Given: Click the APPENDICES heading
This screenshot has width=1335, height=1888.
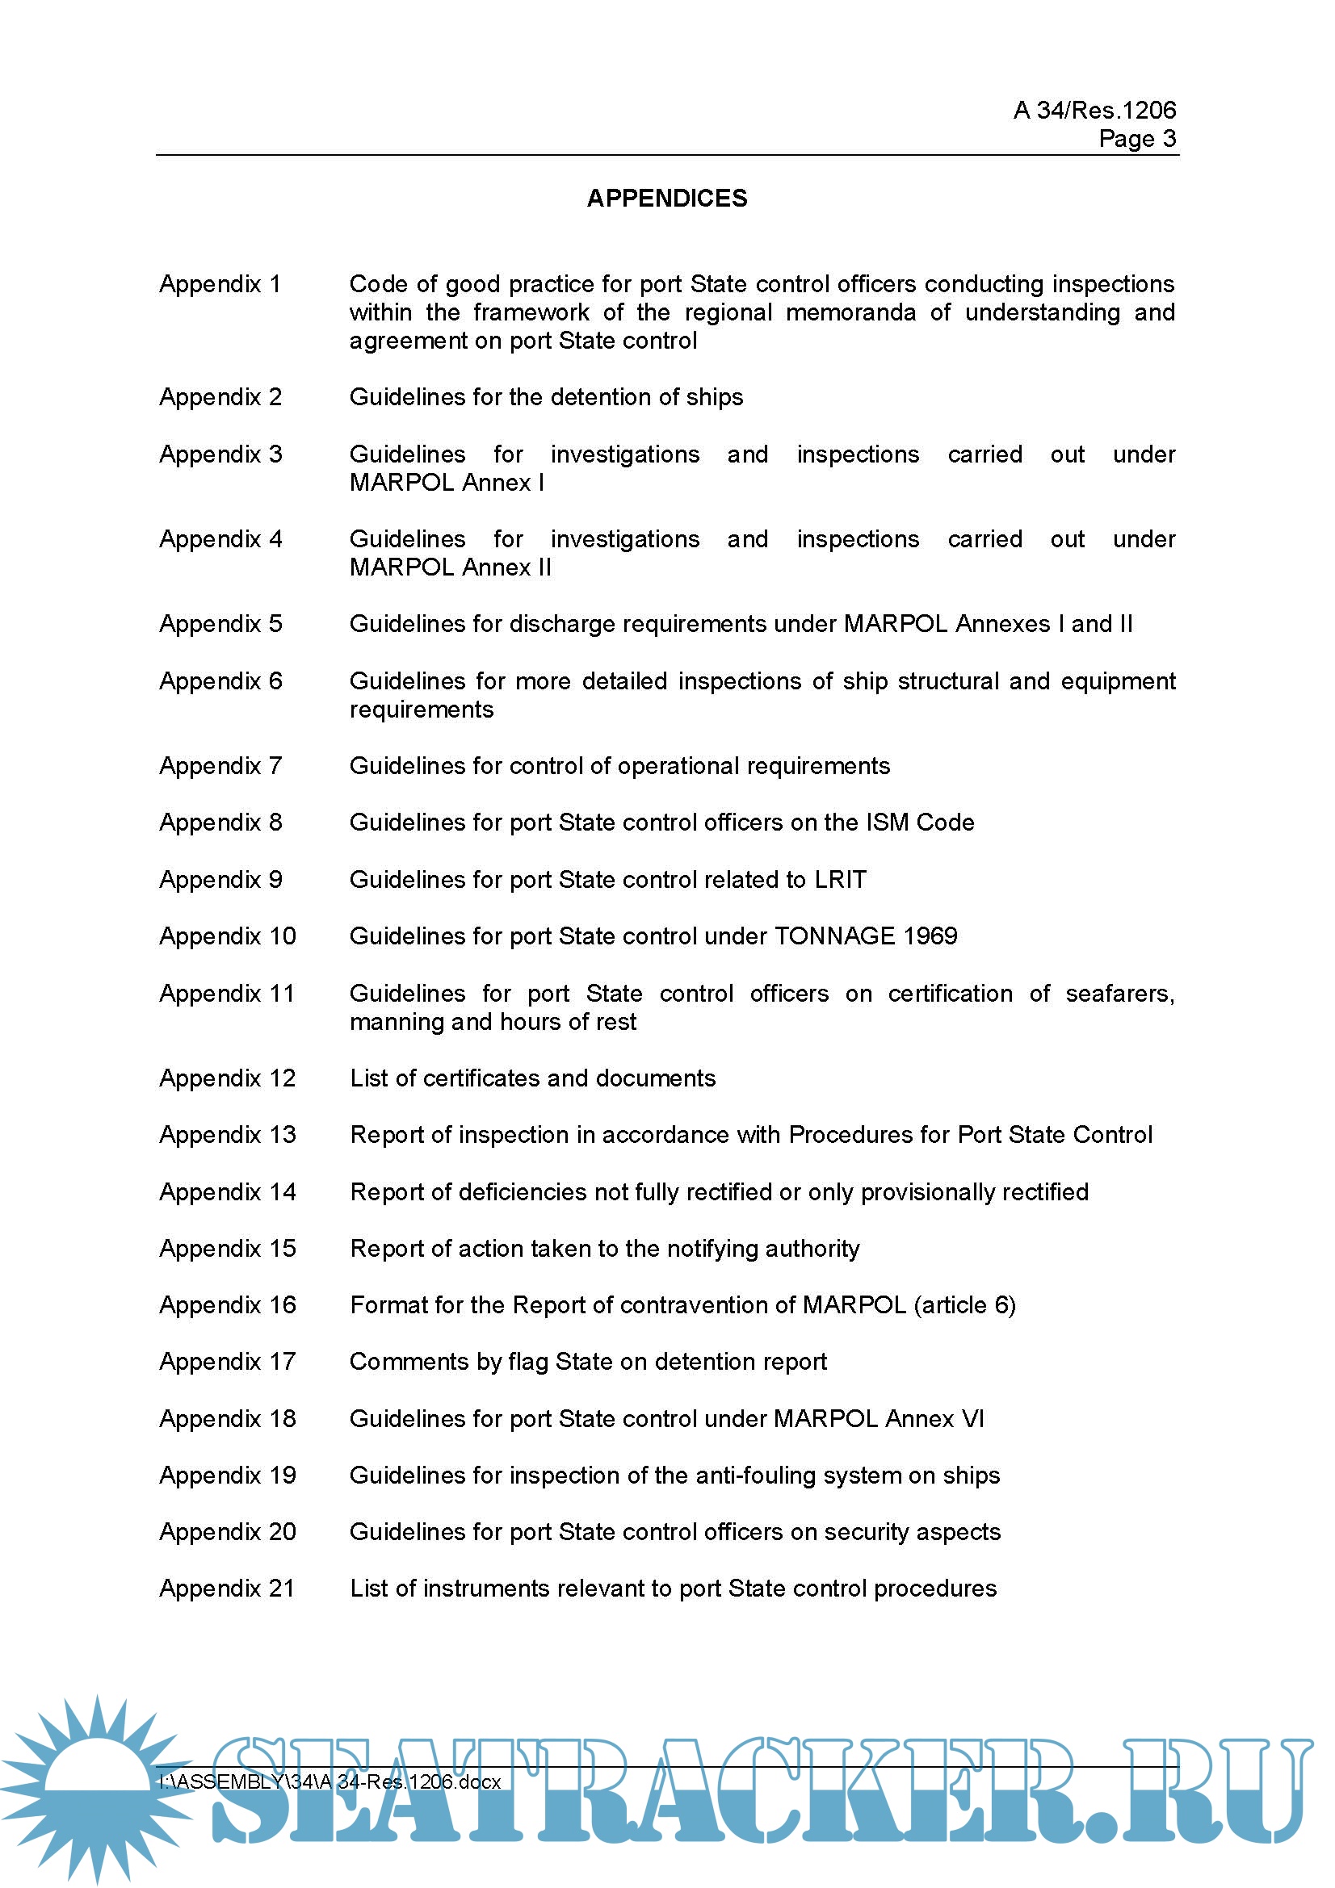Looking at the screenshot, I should [666, 199].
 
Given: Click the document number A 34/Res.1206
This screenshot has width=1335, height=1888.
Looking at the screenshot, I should [1094, 111].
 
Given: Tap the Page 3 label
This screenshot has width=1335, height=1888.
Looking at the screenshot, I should [1137, 139].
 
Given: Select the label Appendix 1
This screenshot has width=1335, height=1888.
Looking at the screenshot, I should [220, 284].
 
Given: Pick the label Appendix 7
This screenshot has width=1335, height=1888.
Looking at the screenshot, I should [220, 766].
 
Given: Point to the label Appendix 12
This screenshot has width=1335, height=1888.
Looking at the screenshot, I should [227, 1078].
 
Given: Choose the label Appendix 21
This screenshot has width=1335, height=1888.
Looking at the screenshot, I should [227, 1588].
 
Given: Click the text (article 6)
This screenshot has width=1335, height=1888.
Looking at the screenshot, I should [964, 1305].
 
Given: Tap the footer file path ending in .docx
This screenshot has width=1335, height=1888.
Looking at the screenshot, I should [330, 1782].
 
